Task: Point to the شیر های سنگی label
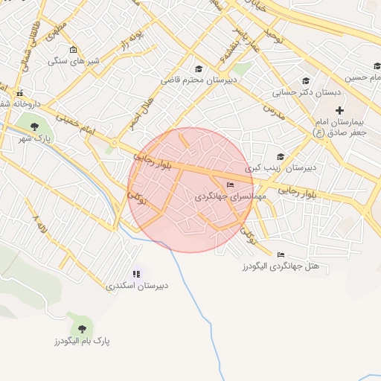[x=69, y=62]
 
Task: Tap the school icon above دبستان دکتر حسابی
[x=304, y=81]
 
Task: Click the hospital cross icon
[x=339, y=111]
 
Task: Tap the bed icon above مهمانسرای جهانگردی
[x=230, y=185]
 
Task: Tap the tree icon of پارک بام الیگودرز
[x=81, y=328]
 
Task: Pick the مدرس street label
[x=274, y=111]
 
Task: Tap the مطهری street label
[x=57, y=33]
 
